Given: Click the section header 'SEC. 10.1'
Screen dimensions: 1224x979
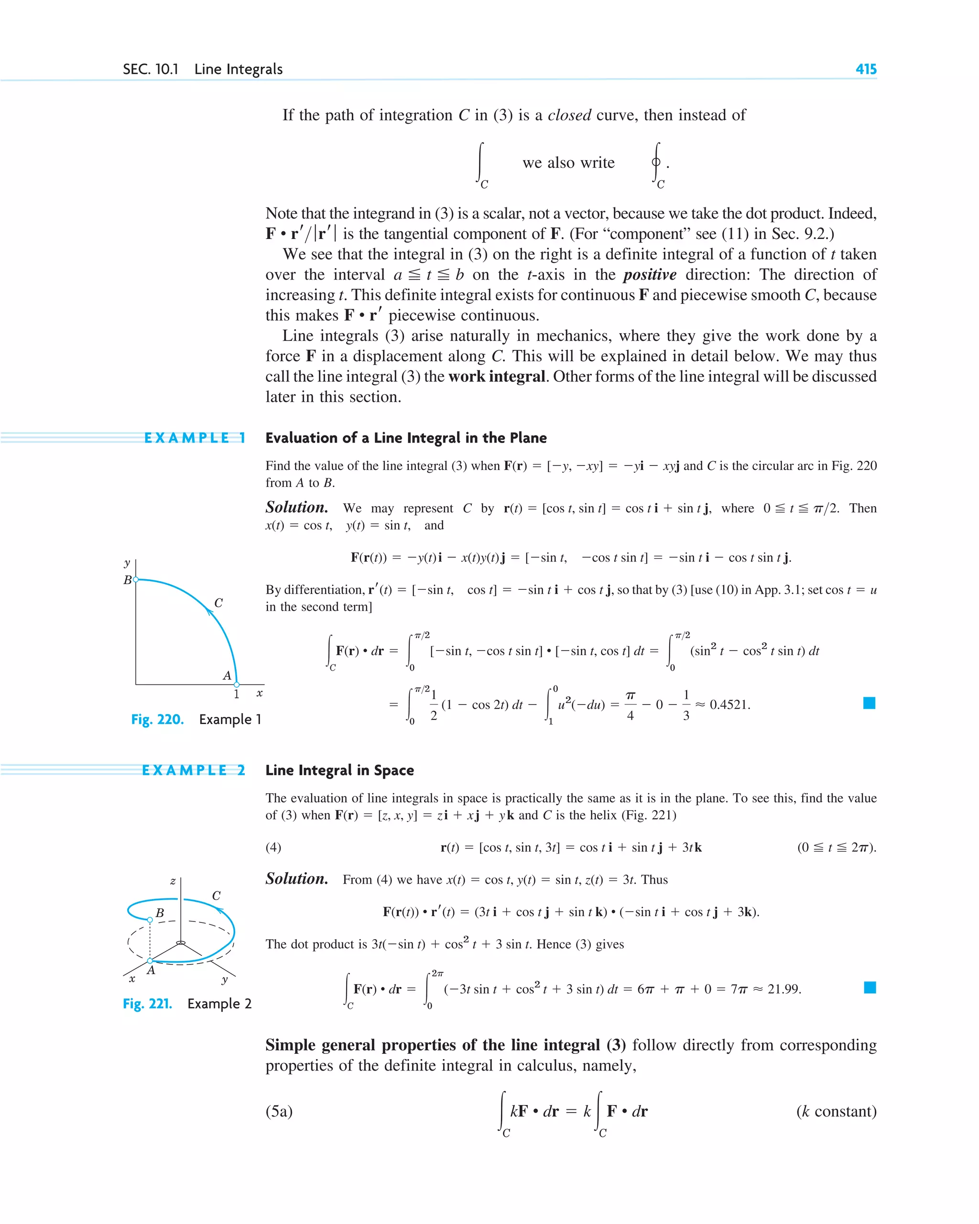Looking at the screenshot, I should [x=151, y=69].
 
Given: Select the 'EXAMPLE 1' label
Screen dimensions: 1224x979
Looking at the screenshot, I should [x=194, y=438].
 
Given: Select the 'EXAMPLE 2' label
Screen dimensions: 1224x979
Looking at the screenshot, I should [x=193, y=770].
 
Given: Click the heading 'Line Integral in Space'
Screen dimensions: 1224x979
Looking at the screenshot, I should [x=339, y=770].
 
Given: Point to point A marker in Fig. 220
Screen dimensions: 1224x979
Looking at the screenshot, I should [x=237, y=684].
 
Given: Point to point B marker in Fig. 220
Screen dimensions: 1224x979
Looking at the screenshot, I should [x=136, y=580].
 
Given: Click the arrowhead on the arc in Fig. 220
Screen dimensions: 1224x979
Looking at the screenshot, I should [x=209, y=612].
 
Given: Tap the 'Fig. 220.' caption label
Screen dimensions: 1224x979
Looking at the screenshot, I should [x=157, y=719].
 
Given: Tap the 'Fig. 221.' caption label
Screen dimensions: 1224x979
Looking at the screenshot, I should [x=148, y=1003].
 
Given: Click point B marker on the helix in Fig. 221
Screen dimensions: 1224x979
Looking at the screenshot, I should [x=150, y=919].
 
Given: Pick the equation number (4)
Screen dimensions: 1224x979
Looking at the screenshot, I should [x=273, y=847].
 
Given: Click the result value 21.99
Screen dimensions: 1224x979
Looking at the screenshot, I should [x=784, y=988].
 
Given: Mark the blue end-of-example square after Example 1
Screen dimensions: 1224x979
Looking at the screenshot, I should [x=869, y=703].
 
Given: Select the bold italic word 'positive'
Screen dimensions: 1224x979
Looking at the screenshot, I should [x=650, y=275].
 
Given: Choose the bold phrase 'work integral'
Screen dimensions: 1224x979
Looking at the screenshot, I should [x=496, y=377].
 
